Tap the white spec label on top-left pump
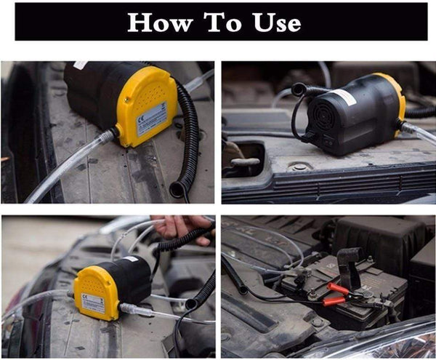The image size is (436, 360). pos(152,119)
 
